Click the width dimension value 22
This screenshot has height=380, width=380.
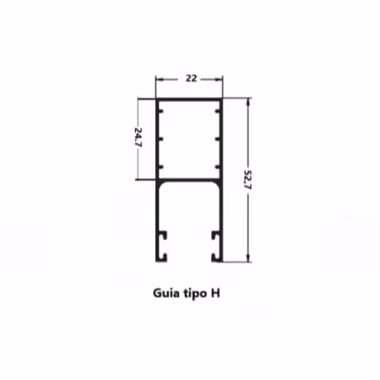(191, 78)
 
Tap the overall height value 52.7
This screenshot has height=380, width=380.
(247, 180)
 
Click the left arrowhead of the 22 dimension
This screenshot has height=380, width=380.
(158, 78)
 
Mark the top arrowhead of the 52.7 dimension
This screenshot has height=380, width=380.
(247, 100)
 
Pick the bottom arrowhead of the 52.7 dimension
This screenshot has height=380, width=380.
(247, 258)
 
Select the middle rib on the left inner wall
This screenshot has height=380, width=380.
(161, 138)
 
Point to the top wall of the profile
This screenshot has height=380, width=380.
(191, 100)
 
